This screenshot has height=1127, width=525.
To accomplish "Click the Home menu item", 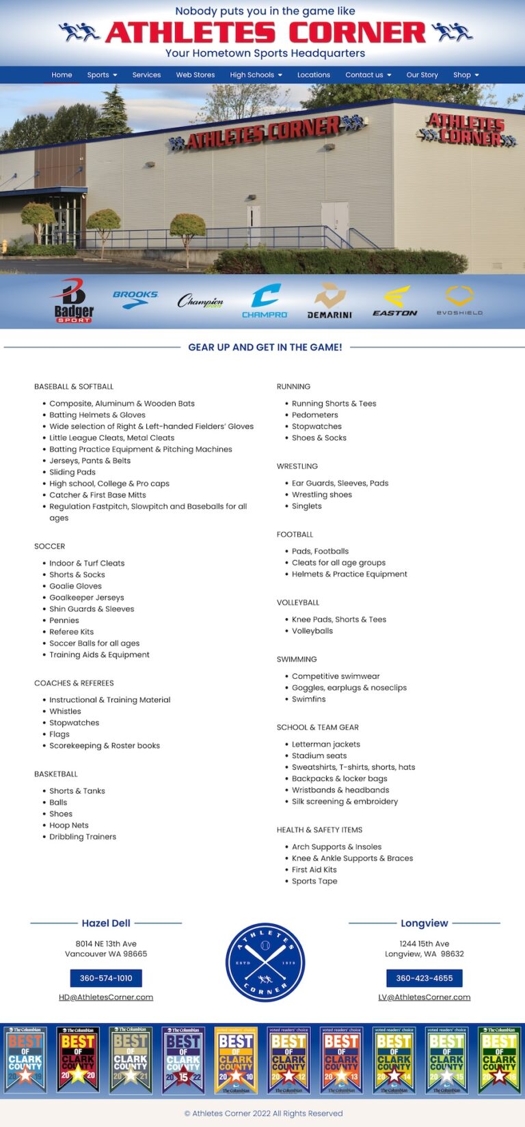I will click(x=62, y=75).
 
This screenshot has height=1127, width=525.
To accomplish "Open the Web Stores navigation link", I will click(x=196, y=75).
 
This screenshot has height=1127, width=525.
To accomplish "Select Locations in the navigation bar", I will click(x=314, y=75).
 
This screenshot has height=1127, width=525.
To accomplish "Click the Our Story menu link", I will click(x=422, y=75).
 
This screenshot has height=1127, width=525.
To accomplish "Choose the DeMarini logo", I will click(x=329, y=301).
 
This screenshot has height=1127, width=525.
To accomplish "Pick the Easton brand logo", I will click(x=395, y=301).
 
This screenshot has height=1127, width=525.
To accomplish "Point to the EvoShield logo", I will click(x=459, y=301).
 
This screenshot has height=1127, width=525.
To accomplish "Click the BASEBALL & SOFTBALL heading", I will click(x=74, y=387).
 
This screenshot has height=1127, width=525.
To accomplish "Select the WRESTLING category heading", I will click(x=297, y=467).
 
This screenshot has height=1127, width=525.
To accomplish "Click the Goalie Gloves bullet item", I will click(x=75, y=586).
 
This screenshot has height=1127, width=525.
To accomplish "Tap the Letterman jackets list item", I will click(x=326, y=745).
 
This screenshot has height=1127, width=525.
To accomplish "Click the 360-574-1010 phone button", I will click(x=106, y=978).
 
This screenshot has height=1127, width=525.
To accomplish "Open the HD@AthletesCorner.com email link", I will click(x=106, y=997).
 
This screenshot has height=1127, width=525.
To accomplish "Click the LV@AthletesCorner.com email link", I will click(x=425, y=997).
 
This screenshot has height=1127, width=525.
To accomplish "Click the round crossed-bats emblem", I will click(x=265, y=963).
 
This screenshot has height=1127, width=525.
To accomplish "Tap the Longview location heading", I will click(x=425, y=923).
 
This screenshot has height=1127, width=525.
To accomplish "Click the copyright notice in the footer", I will click(x=263, y=1113).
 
